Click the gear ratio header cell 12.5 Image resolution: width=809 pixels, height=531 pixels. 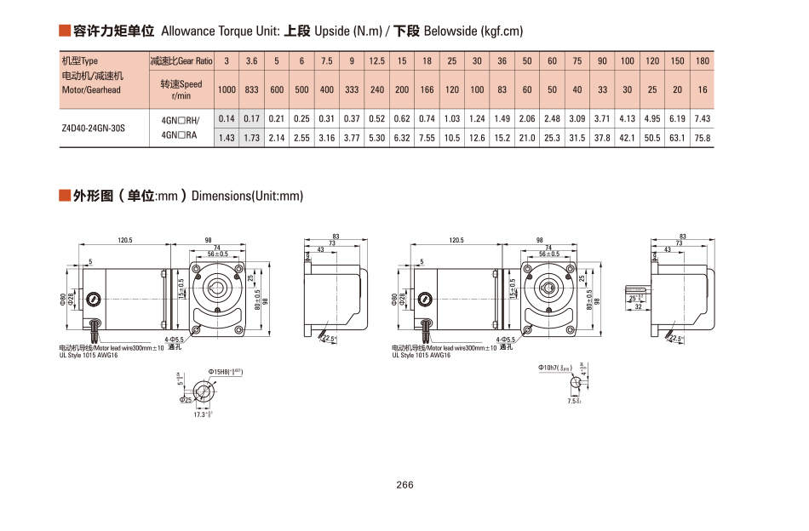pyautogui.click(x=377, y=61)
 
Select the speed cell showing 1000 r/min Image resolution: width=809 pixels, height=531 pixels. pyautogui.click(x=227, y=90)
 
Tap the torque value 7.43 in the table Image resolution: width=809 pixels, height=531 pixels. pyautogui.click(x=702, y=119)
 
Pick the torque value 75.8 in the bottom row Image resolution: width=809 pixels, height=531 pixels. pyautogui.click(x=702, y=138)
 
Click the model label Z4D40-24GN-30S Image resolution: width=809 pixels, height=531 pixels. pyautogui.click(x=93, y=128)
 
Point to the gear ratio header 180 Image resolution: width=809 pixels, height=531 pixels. pyautogui.click(x=702, y=61)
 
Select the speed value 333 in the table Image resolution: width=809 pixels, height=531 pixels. pyautogui.click(x=352, y=90)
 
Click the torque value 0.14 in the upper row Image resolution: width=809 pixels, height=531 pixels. pyautogui.click(x=227, y=119)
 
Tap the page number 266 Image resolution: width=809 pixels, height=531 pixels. pyautogui.click(x=404, y=485)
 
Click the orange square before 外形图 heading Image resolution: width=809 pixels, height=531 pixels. pyautogui.click(x=64, y=197)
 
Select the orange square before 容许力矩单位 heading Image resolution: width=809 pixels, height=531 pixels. pyautogui.click(x=64, y=31)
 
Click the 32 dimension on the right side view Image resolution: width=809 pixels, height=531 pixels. pyautogui.click(x=637, y=308)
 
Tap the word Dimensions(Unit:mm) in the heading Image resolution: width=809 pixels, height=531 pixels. pyautogui.click(x=247, y=197)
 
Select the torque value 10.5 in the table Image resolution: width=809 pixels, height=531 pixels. pyautogui.click(x=452, y=138)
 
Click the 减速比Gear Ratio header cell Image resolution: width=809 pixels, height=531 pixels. pyautogui.click(x=181, y=61)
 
